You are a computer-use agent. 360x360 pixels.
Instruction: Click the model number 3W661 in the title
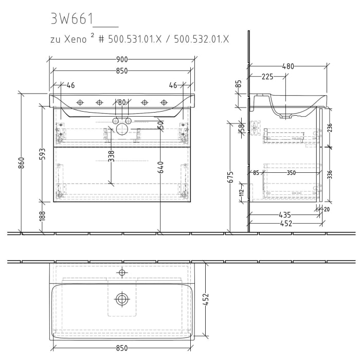[71, 19]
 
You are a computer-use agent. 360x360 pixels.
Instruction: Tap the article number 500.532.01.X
[202, 39]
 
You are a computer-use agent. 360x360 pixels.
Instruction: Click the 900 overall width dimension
[121, 60]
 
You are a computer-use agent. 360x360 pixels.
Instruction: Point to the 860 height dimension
[21, 163]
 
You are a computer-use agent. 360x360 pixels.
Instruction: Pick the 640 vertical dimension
[160, 167]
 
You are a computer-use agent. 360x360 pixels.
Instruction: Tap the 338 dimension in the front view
[111, 156]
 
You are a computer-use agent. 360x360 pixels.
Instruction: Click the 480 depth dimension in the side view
[288, 66]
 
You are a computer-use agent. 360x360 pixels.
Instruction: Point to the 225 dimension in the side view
[267, 77]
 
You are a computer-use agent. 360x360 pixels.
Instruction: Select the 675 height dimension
[230, 177]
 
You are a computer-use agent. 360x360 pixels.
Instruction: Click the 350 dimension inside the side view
[292, 173]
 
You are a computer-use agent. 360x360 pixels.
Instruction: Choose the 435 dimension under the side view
[284, 214]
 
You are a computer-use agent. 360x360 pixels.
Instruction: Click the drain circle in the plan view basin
[122, 298]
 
